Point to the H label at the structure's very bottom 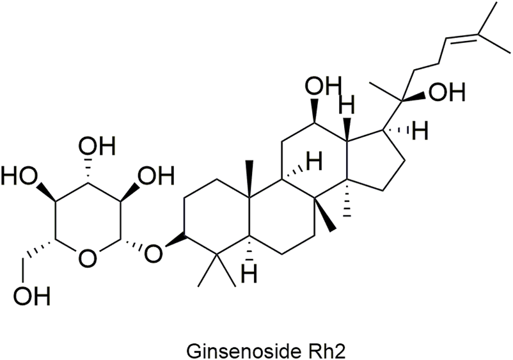pos(249,276)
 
